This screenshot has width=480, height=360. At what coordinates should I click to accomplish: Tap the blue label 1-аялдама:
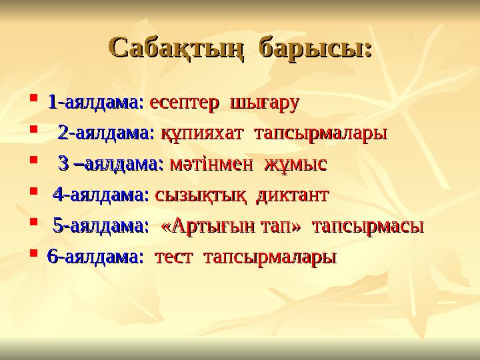click(x=95, y=103)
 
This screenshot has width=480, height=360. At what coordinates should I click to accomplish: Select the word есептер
click(x=186, y=103)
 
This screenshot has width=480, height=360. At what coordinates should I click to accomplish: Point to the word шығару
click(x=264, y=104)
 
